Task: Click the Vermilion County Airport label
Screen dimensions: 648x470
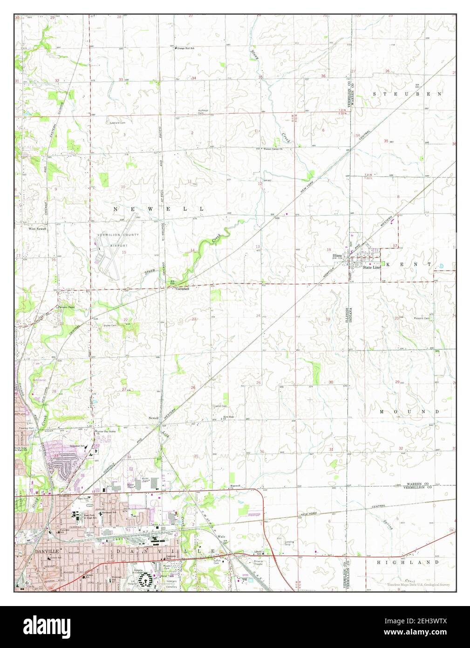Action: pos(112,240)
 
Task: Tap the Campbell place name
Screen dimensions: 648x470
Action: pos(182,289)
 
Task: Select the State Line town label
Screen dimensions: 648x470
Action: pos(372,268)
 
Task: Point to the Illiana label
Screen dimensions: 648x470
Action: pos(337,256)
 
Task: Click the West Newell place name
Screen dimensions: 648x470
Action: pos(37,229)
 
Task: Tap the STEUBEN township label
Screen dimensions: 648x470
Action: pos(407,94)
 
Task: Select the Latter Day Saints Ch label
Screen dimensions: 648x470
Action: pos(106,433)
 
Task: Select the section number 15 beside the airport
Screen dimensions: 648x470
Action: pos(124,252)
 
